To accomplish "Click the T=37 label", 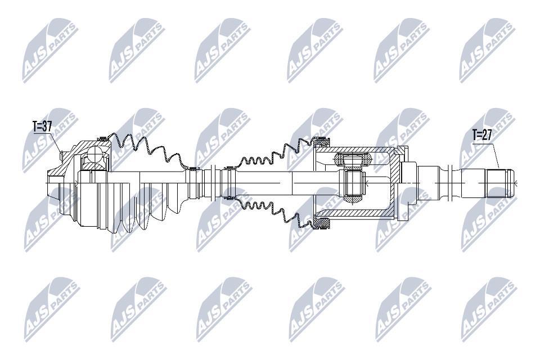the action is tap(42, 127).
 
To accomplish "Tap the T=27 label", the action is tap(483, 134).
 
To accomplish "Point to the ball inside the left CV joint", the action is tap(94, 154).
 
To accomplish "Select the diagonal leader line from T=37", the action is tap(56, 143).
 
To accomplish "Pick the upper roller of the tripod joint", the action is tap(353, 160).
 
